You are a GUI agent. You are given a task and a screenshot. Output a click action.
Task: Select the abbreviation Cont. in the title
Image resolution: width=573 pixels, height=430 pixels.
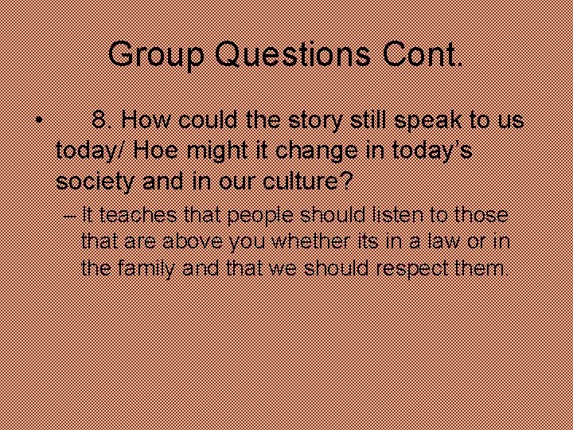(422, 54)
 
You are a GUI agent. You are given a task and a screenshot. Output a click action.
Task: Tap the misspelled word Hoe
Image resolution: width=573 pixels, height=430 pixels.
(174, 150)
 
